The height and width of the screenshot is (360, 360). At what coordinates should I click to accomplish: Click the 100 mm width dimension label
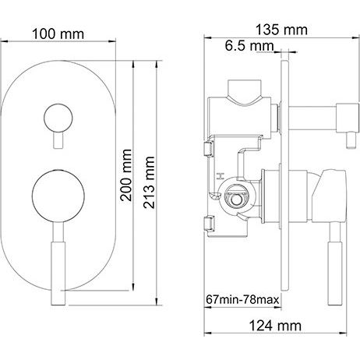point(58,34)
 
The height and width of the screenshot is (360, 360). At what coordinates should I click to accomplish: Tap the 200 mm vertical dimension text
point(126,175)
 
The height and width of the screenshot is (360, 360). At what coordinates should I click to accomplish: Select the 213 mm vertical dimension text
point(149,182)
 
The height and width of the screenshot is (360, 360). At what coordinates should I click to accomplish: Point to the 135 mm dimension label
point(281,30)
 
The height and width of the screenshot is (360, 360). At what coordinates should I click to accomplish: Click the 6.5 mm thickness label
point(249,46)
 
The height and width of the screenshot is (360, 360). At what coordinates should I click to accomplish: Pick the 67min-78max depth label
point(242,299)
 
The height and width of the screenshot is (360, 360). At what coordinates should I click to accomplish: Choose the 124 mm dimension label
point(275,326)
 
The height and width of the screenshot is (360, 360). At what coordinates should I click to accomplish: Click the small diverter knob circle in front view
point(58,118)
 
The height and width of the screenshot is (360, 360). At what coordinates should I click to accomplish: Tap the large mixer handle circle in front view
point(58,196)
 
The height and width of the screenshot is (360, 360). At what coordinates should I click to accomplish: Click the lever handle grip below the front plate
point(58,274)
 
